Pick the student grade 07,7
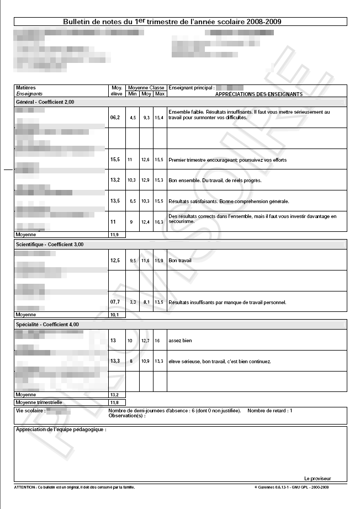115,302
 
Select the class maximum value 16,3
159,221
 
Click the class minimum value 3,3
133,302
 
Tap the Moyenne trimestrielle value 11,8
115,402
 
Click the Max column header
160,94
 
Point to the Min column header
133,94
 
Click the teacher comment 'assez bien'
181,341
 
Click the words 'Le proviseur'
316,478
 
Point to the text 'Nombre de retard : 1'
270,411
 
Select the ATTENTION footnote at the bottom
75,487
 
